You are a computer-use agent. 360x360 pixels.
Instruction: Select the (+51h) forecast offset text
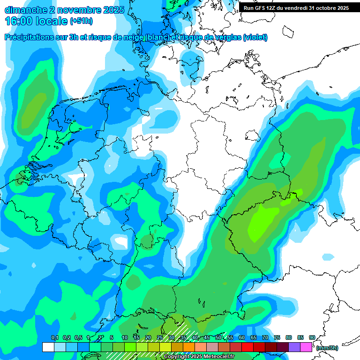click(x=82, y=21)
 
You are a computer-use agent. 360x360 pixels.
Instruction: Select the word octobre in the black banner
click(x=324, y=8)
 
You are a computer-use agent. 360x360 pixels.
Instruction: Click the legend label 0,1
click(x=55, y=338)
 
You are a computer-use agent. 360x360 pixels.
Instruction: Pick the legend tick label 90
click(x=312, y=338)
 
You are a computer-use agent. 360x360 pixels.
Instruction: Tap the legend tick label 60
click(x=242, y=338)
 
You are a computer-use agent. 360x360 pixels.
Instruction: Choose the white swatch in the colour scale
click(x=48, y=347)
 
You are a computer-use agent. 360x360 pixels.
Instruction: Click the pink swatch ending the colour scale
click(x=307, y=347)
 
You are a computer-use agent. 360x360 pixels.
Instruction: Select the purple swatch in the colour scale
click(x=294, y=347)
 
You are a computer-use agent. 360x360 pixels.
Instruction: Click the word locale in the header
click(x=50, y=21)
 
